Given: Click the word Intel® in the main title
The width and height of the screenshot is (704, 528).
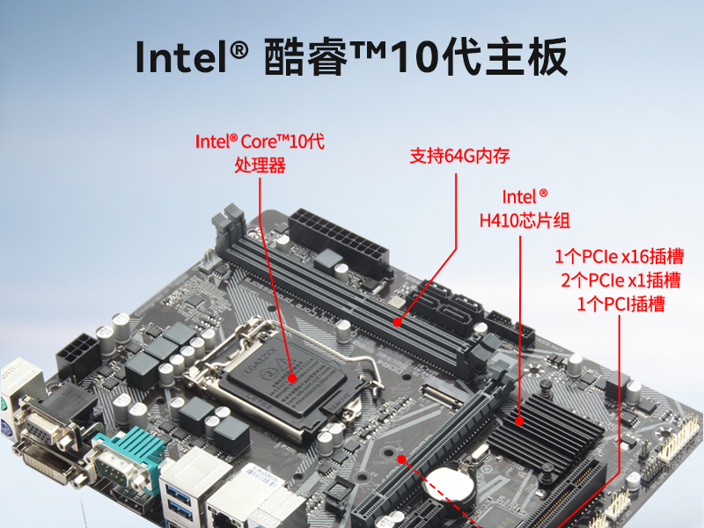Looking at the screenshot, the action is point(192,56).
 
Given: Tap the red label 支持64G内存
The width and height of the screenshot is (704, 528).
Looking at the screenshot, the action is point(459,156).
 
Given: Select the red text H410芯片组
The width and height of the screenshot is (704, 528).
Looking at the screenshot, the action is point(524,221).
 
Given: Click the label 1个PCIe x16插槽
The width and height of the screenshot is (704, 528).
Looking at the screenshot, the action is point(620,256).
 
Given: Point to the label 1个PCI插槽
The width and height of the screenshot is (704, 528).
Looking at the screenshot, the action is point(620,304).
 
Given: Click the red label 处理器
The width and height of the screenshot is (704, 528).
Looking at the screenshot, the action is point(260,165).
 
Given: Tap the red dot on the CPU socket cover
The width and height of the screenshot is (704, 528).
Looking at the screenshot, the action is point(292,378).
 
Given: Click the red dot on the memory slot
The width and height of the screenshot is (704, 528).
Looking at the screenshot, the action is point(398,322).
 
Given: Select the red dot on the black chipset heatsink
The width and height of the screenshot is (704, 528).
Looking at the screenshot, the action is point(519,422).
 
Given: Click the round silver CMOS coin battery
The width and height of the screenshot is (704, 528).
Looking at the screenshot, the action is point(450,487).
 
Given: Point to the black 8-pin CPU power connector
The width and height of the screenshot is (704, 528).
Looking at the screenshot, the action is point(77,355).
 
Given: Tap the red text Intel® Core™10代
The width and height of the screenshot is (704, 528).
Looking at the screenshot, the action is point(260,142).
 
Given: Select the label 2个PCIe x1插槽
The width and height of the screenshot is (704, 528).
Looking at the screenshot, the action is point(620,281).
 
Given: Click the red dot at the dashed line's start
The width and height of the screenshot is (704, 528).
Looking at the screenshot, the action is point(402,459).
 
